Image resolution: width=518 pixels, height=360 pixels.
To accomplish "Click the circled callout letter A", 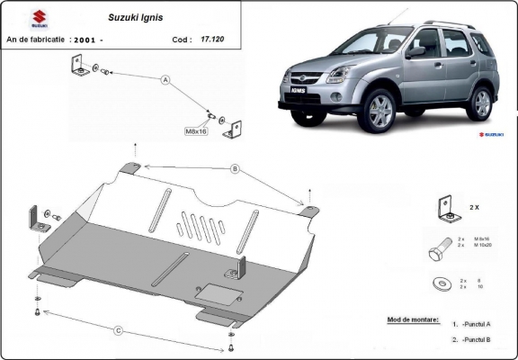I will [165, 80].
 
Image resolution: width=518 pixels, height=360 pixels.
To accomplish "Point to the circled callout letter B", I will [234, 168].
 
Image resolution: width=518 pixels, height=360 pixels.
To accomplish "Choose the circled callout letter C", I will [118, 329].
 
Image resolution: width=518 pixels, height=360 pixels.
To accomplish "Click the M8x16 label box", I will [195, 131].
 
